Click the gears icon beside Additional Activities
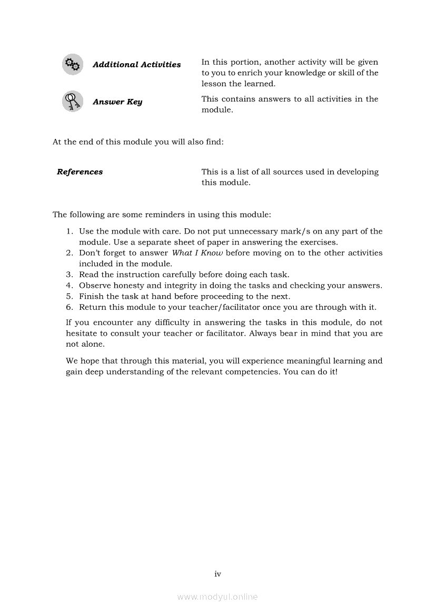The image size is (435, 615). coord(72,65)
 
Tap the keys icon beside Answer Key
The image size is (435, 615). coord(72,101)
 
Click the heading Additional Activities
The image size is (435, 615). coord(136,65)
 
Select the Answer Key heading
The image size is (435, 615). coord(117,102)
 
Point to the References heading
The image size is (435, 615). coord(80,172)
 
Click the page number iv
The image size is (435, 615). coord(217,574)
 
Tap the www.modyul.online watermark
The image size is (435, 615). coord(217,597)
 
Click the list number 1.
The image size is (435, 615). coord(69,231)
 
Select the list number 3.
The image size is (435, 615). coord(69,275)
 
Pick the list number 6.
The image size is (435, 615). coord(69,307)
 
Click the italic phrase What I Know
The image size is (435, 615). coord(197,253)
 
